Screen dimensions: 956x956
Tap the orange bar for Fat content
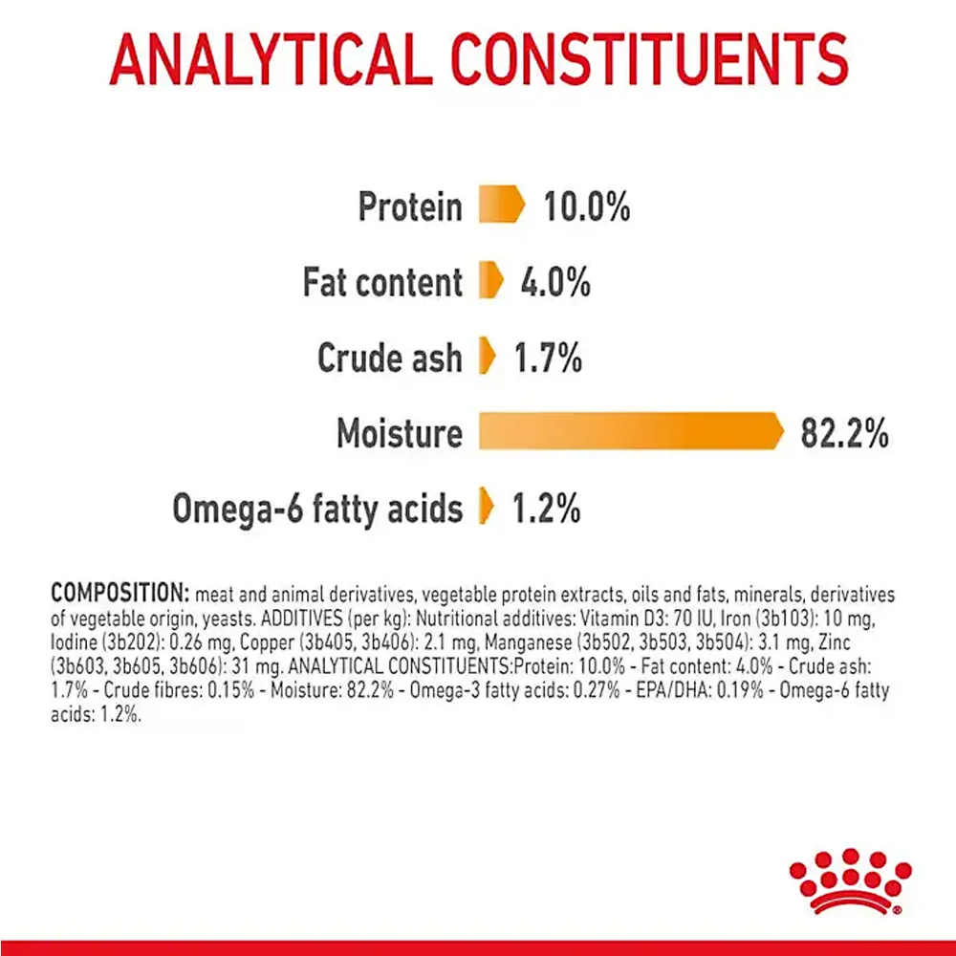coord(490,281)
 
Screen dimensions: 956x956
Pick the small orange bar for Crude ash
coord(487,357)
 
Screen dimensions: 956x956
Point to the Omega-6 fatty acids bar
coord(487,508)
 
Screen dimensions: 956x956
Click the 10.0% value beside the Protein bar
coord(587,206)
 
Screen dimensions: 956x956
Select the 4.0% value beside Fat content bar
coord(555,281)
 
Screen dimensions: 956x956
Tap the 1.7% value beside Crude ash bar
coord(548,357)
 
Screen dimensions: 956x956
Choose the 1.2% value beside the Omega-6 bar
coord(547,508)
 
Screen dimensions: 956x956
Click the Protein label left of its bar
coord(410,206)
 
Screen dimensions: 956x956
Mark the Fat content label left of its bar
coord(382,282)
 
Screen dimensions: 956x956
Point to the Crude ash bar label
coord(389,358)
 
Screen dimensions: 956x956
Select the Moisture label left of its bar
coord(399,433)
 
